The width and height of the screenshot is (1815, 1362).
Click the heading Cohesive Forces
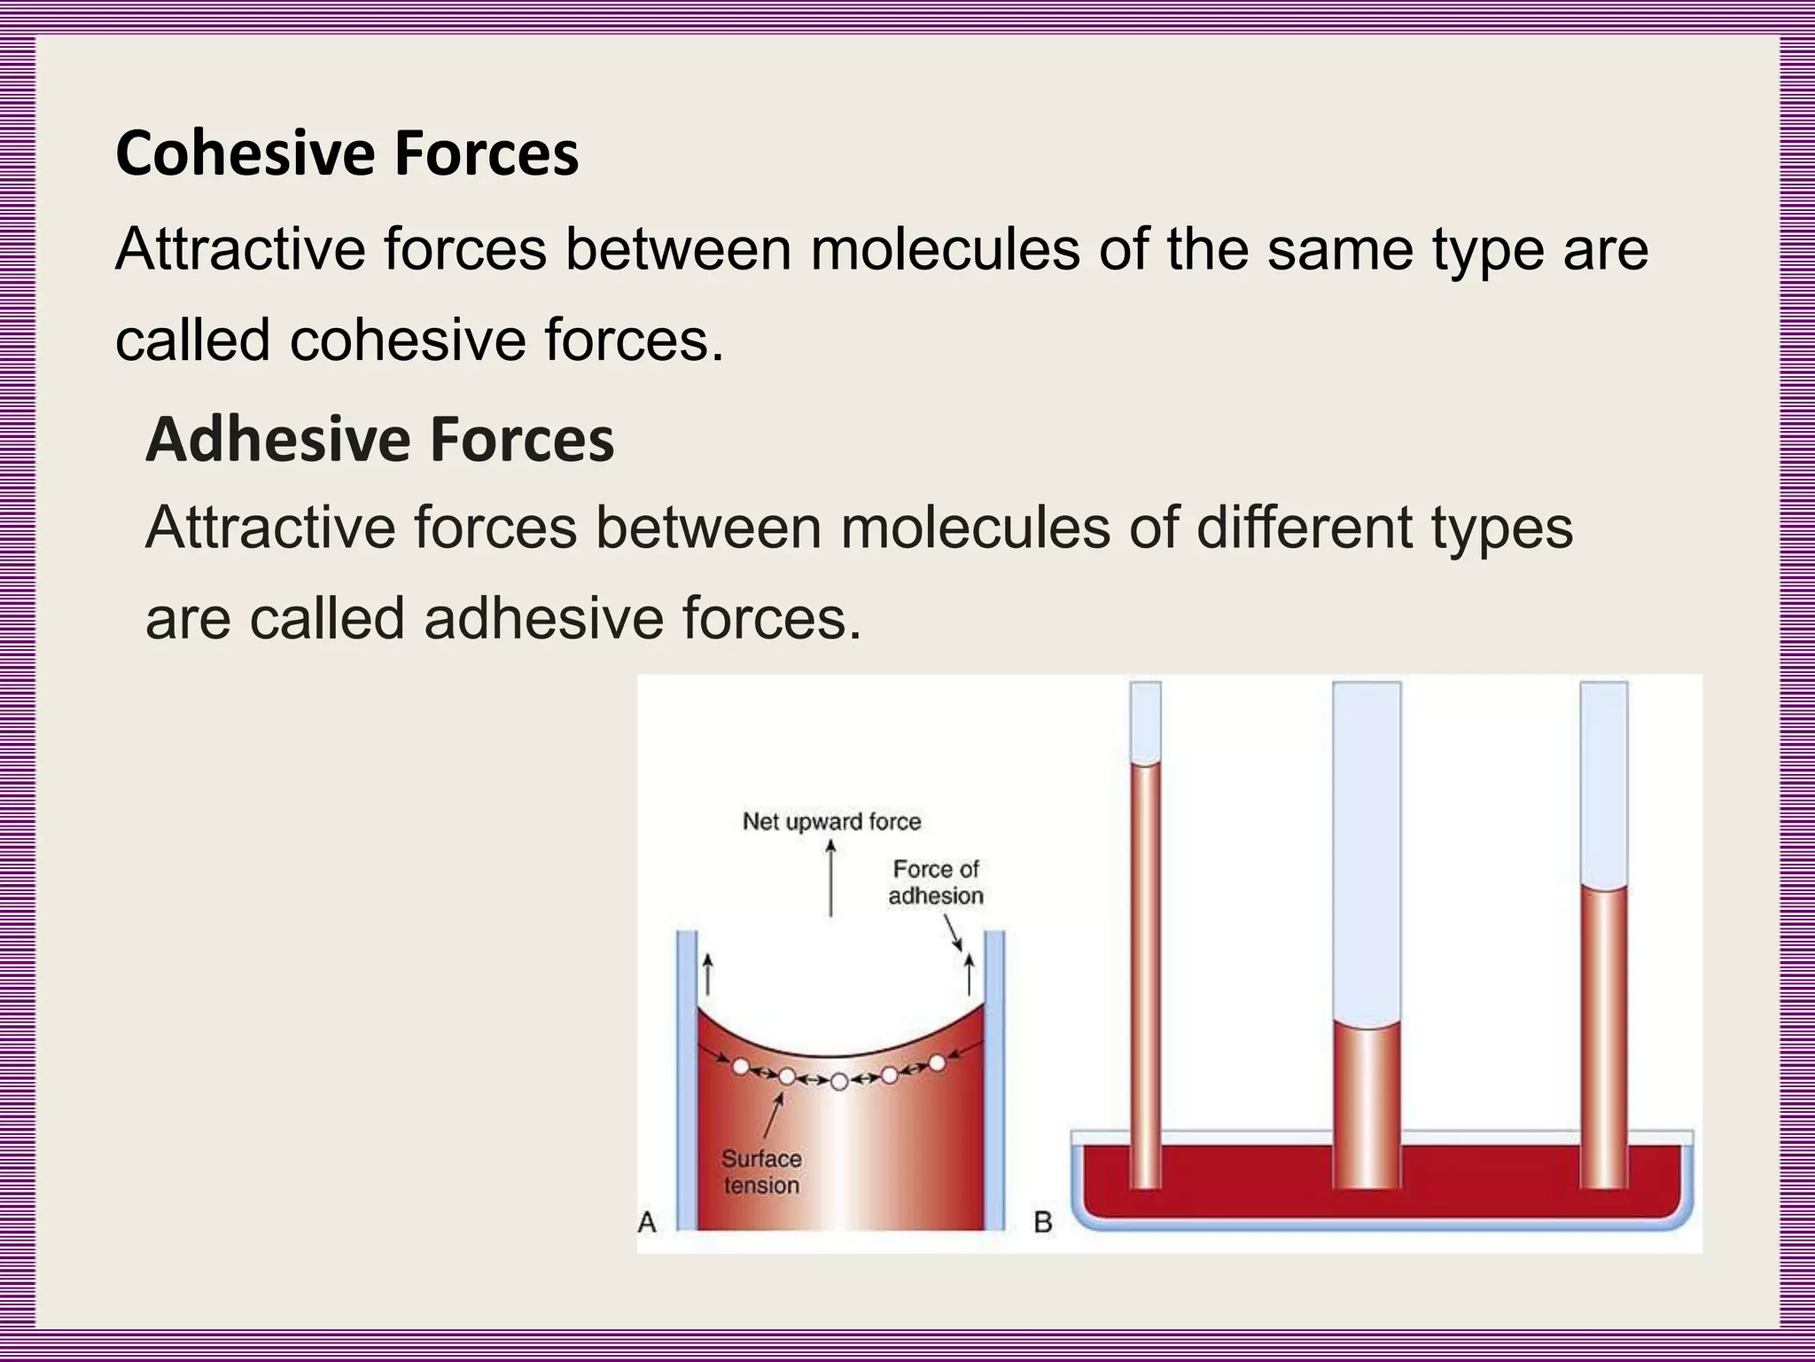(x=347, y=153)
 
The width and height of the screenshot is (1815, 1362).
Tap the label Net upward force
(x=831, y=821)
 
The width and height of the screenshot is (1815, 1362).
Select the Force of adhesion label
(x=936, y=882)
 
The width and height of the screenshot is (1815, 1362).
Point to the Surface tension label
(x=761, y=1171)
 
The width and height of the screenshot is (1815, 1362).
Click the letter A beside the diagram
(x=647, y=1222)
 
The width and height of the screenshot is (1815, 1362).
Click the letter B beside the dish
(x=1043, y=1223)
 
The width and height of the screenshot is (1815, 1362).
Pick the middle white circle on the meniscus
(x=839, y=1081)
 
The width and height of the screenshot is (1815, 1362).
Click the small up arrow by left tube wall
(x=707, y=975)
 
